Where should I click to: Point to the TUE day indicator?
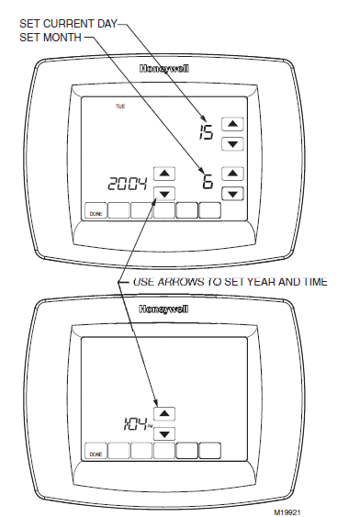[x=119, y=107]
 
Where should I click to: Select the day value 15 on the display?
[x=206, y=134]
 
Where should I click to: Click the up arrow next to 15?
[x=233, y=124]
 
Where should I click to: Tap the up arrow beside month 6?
[x=233, y=173]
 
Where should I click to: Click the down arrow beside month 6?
[x=233, y=193]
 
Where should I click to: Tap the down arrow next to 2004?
[x=163, y=193]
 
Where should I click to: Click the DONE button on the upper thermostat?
[x=96, y=212]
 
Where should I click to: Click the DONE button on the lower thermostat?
[x=96, y=453]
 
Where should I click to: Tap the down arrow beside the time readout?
[x=163, y=433]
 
